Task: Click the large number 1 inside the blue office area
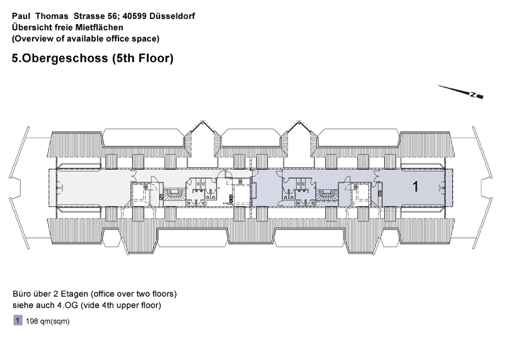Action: click(x=415, y=186)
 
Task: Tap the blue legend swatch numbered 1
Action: click(x=18, y=320)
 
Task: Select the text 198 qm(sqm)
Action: click(x=48, y=321)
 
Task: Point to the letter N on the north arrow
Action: click(x=473, y=95)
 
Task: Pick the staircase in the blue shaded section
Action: click(x=327, y=196)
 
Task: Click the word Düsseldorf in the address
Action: click(x=172, y=16)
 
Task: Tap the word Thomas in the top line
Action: click(x=52, y=16)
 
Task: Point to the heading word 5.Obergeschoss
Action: click(x=60, y=58)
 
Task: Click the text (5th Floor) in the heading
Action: click(x=142, y=58)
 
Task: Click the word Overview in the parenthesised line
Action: click(x=31, y=38)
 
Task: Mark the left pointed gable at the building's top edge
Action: click(x=201, y=136)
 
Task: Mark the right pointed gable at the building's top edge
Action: click(x=299, y=136)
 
